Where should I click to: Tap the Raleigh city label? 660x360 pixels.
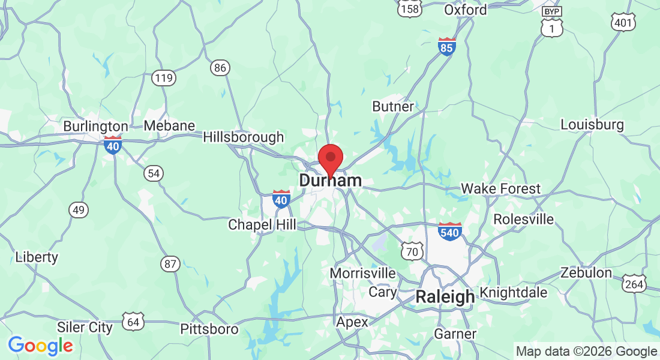(445, 296)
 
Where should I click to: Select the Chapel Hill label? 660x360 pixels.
(262, 225)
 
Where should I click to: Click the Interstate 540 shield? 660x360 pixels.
(449, 231)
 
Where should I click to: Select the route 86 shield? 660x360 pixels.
(220, 68)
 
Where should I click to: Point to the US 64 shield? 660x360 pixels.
(133, 322)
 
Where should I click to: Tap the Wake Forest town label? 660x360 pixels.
(500, 189)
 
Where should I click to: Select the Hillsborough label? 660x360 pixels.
(243, 137)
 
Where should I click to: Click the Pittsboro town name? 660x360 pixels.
(209, 329)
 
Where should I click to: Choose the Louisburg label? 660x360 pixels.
(592, 125)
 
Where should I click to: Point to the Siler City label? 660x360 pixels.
(85, 328)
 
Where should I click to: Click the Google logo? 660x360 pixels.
(40, 346)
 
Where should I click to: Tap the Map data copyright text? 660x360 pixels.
(586, 352)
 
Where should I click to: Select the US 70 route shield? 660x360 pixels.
(412, 251)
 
